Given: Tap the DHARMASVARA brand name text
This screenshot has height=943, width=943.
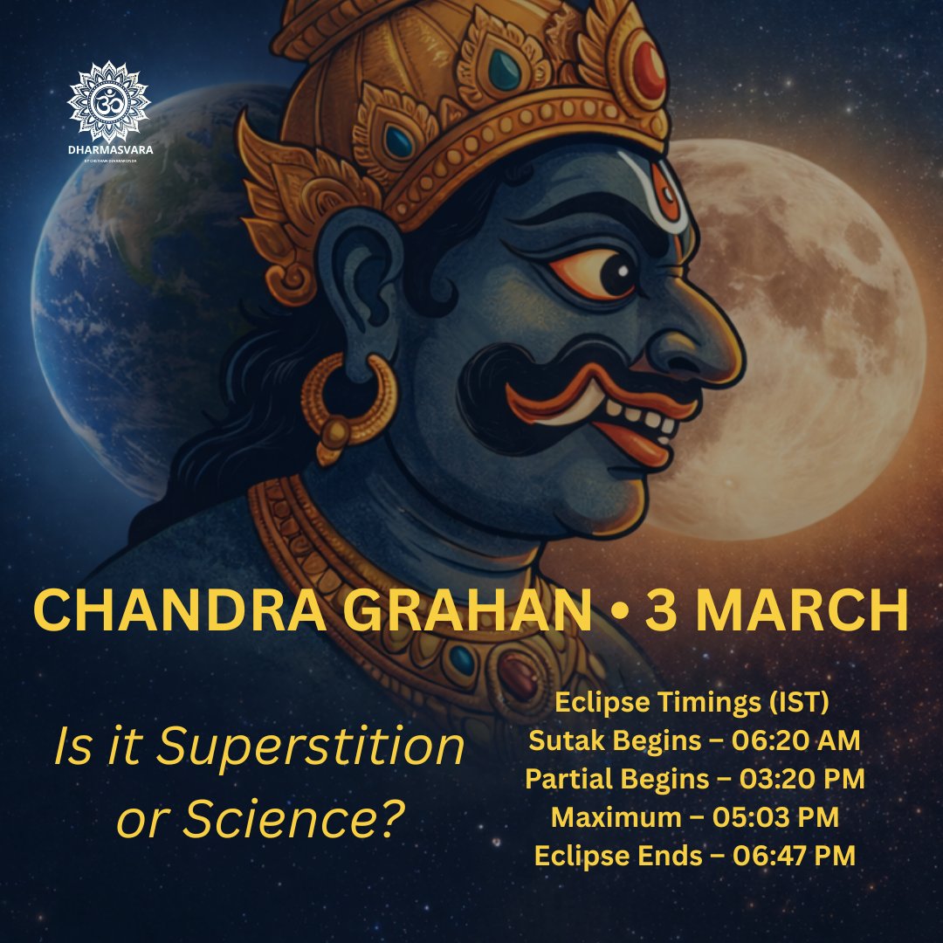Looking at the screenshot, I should pos(108,149).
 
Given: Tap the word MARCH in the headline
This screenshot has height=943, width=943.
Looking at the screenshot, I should pos(798,612).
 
